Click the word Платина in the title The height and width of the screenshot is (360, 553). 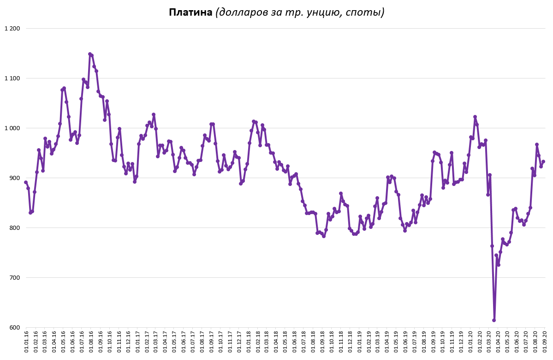click(x=190, y=12)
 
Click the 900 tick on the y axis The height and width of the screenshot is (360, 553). click(x=15, y=178)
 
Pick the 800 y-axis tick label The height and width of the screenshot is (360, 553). click(x=15, y=228)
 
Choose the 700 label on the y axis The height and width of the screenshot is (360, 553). click(x=15, y=278)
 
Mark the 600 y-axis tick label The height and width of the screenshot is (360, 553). click(x=15, y=328)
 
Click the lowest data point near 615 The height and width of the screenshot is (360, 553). click(x=494, y=320)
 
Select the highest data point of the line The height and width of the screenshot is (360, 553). click(x=90, y=54)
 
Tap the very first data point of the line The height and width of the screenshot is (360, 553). click(x=26, y=182)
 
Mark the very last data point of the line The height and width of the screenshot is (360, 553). click(x=543, y=162)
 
